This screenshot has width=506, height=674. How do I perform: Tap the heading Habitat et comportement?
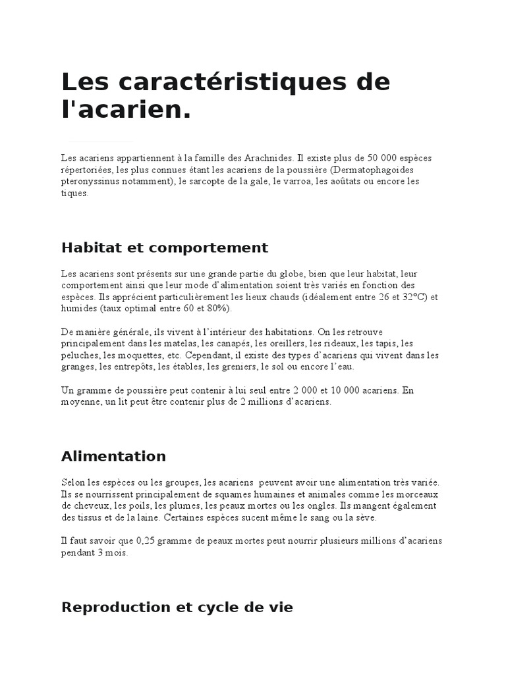click(165, 247)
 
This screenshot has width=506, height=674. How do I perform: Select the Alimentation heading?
click(113, 456)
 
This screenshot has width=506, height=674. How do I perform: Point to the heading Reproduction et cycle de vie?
click(177, 607)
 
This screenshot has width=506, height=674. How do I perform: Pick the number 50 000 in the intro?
click(368, 159)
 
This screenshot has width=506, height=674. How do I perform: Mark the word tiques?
click(74, 193)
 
